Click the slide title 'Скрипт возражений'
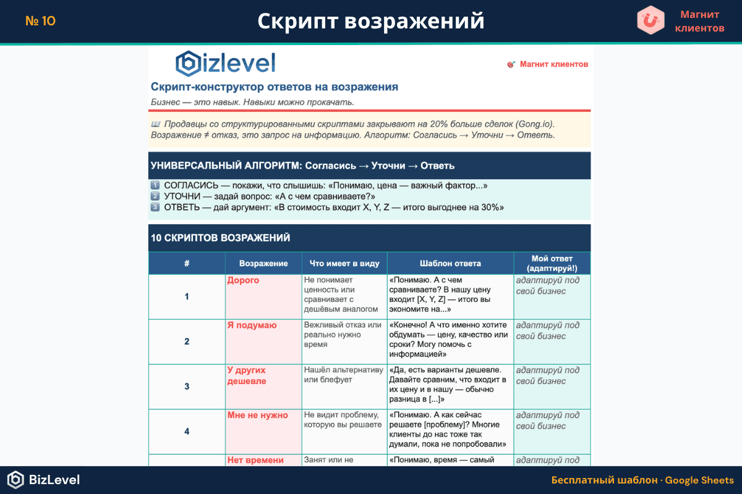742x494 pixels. (370, 21)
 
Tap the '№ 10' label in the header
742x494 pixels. (41, 21)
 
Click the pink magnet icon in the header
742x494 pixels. (650, 20)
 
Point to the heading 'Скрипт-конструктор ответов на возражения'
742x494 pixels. (275, 87)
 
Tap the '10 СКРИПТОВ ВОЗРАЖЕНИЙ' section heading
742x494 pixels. (220, 238)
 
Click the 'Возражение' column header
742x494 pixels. (263, 263)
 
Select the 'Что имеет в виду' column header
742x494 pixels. (344, 263)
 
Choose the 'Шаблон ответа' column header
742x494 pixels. (450, 263)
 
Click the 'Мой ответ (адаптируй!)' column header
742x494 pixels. (552, 263)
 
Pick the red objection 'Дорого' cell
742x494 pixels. (243, 280)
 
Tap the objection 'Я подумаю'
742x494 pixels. (252, 325)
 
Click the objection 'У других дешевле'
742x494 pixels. (247, 375)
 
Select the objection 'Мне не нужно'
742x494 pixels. (257, 416)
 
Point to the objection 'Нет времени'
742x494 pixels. (255, 460)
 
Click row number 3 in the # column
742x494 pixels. (187, 387)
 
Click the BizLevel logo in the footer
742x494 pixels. (43, 480)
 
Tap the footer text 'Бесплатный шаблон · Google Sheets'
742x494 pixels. (642, 480)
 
